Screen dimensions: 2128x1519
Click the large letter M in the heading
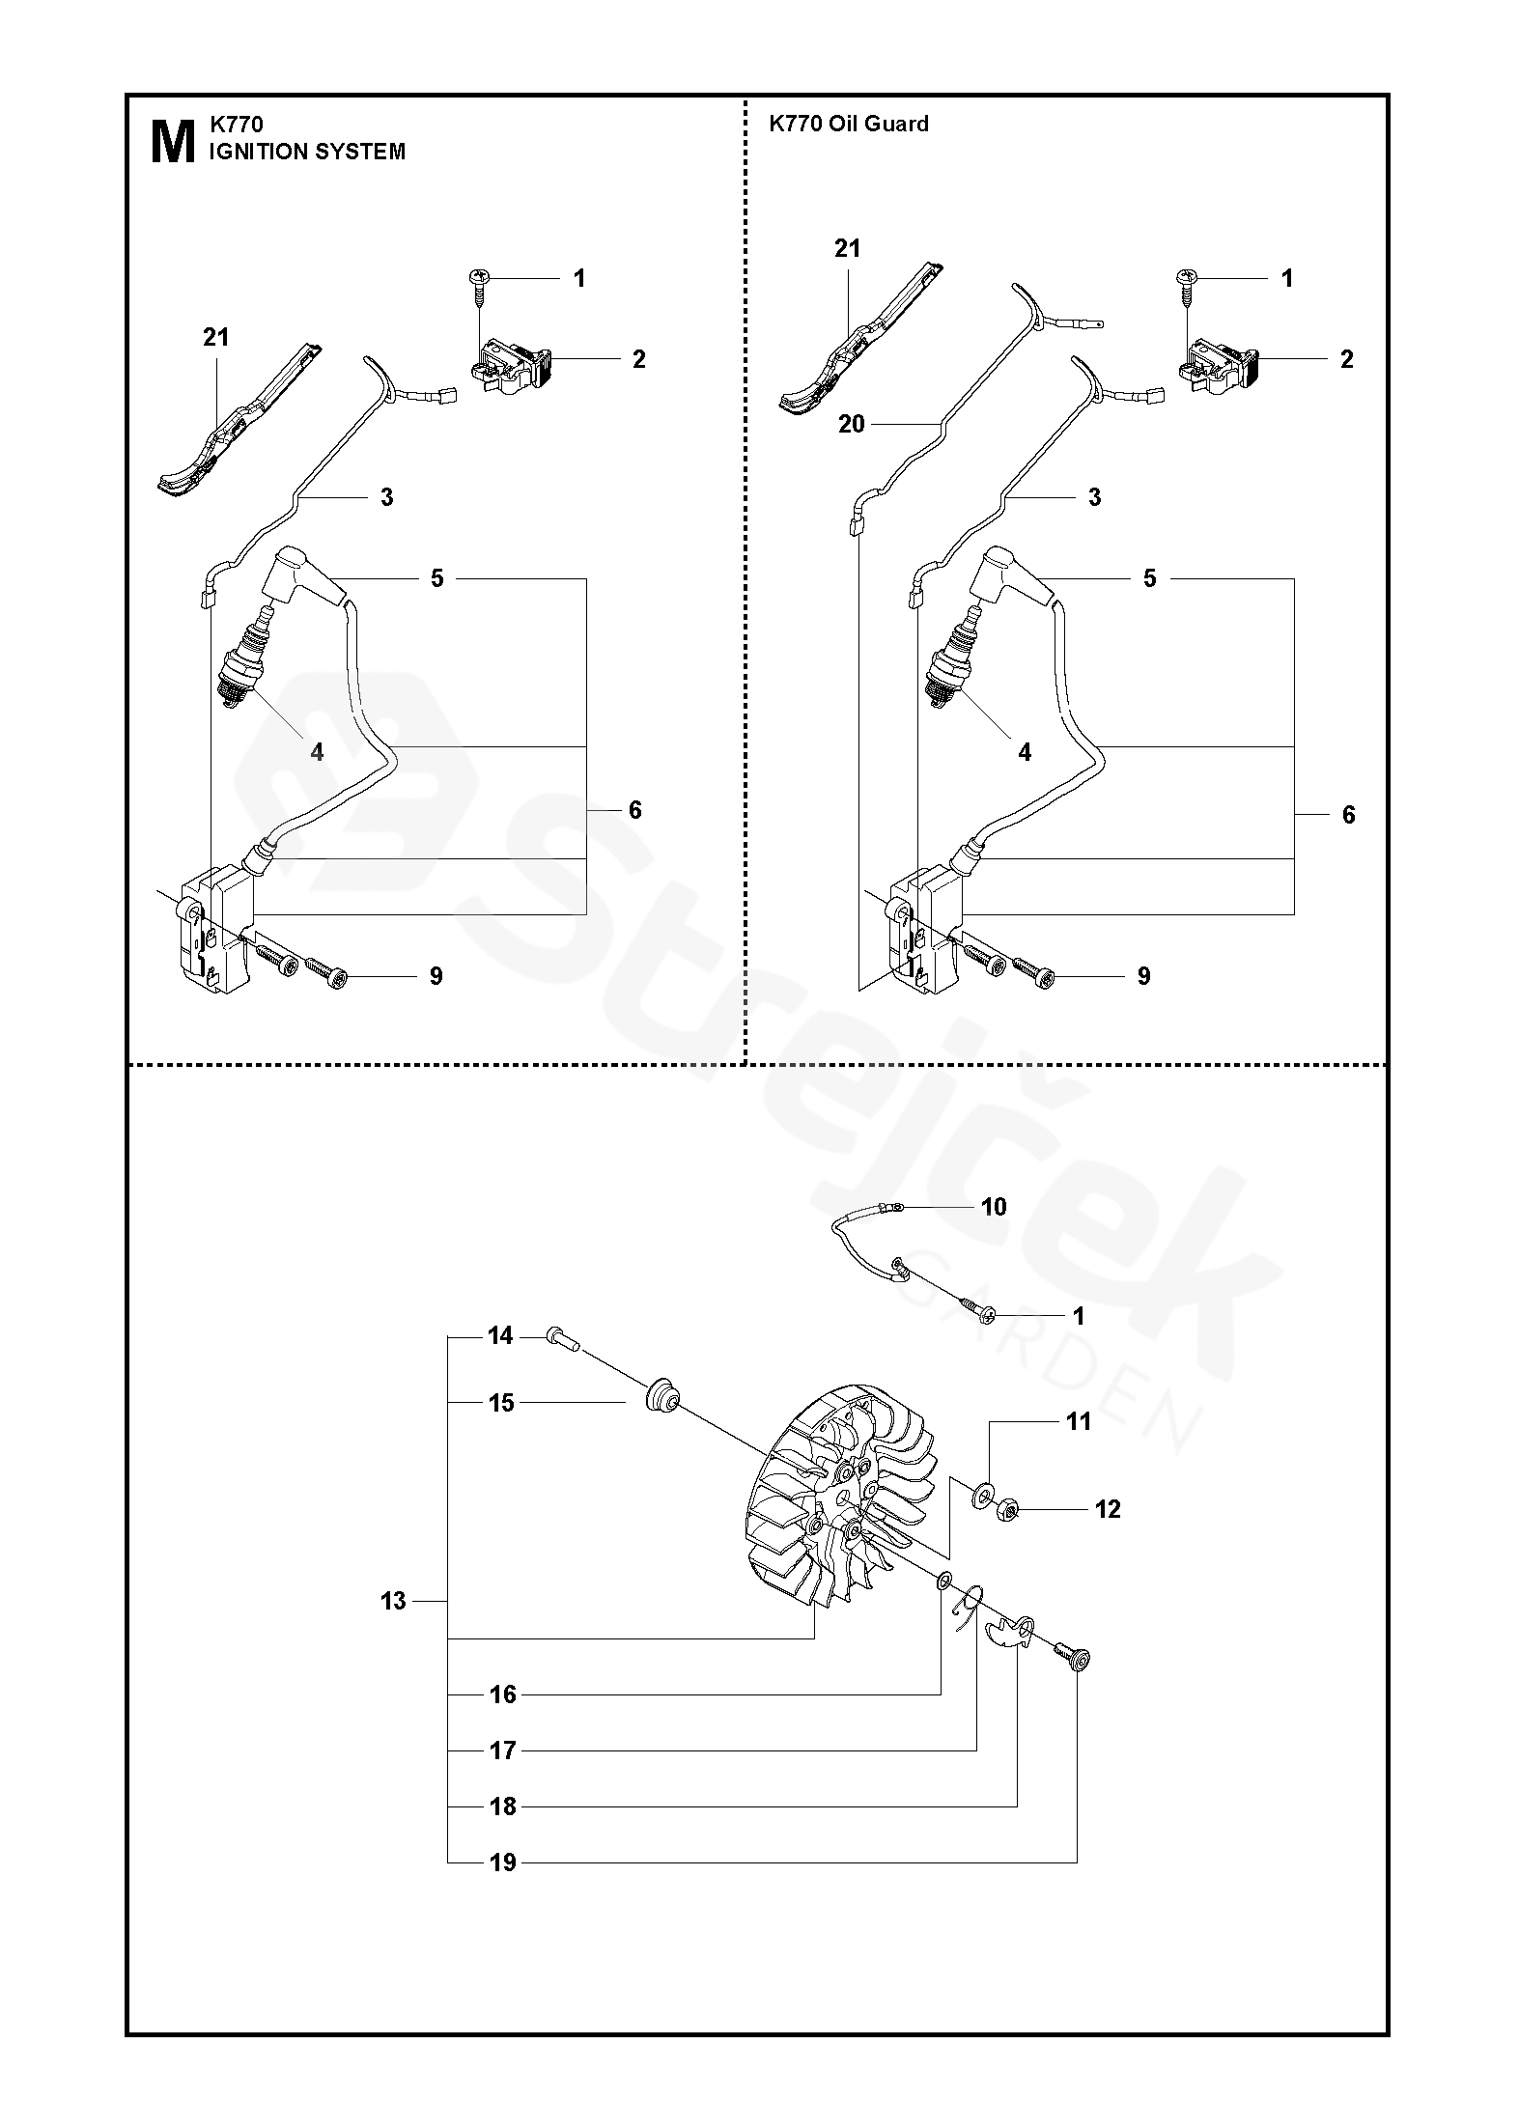(173, 143)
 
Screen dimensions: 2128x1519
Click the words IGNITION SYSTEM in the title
(307, 153)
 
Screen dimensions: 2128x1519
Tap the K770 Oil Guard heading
(848, 124)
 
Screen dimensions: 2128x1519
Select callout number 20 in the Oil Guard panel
(851, 424)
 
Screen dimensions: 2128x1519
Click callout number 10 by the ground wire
(993, 1206)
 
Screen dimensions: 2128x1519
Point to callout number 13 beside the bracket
(393, 1601)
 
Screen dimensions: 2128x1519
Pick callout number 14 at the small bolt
(500, 1336)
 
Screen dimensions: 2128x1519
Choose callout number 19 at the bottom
(502, 1862)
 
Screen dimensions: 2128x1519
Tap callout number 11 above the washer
(1078, 1421)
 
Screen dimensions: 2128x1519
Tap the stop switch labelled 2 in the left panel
(509, 365)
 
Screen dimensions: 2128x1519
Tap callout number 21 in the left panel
(215, 337)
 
